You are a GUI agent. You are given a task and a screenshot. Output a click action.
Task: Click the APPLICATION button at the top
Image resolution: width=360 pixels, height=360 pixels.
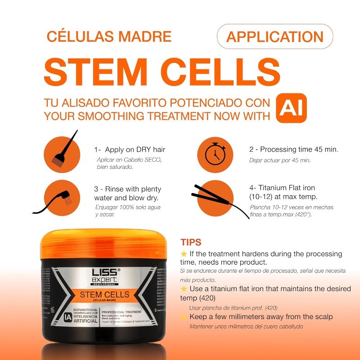[x=274, y=36]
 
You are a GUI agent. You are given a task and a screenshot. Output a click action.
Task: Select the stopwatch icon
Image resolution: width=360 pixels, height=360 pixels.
[x=215, y=153]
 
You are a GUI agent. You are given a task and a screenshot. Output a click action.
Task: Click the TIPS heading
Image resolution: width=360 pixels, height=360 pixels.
[x=191, y=243]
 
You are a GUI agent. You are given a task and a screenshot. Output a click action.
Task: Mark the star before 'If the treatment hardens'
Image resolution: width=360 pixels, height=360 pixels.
[x=184, y=254]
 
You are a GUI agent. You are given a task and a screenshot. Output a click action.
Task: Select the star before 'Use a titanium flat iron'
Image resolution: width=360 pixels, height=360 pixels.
[x=184, y=288]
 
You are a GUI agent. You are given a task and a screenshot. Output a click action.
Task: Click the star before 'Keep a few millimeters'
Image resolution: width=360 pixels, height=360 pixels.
[x=184, y=317]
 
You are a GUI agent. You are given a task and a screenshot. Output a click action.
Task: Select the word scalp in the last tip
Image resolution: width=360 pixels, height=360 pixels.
[x=323, y=317]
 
